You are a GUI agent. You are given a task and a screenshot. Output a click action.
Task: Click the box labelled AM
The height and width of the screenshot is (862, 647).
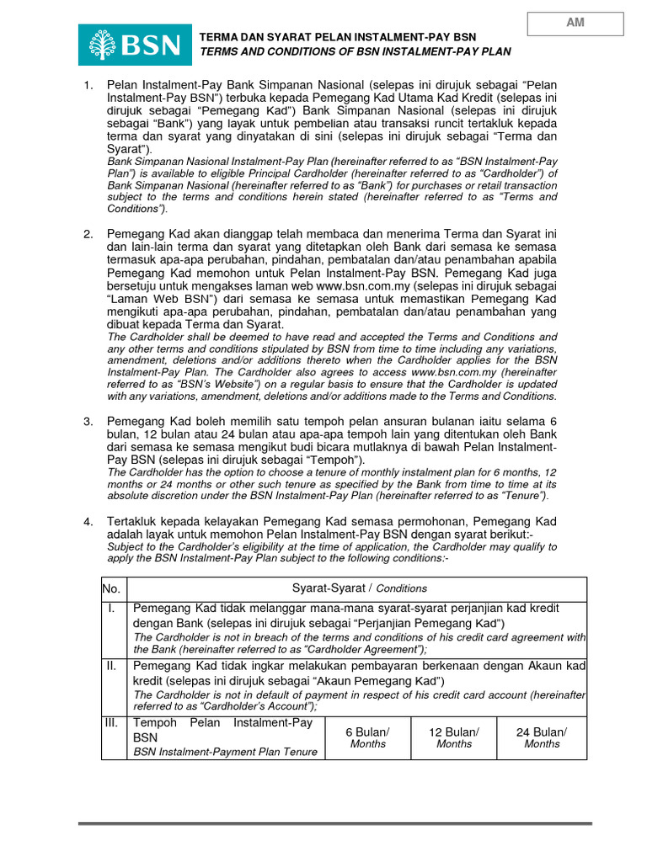575,24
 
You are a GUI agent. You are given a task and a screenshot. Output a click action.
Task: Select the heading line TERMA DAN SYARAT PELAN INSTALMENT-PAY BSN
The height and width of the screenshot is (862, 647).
337,38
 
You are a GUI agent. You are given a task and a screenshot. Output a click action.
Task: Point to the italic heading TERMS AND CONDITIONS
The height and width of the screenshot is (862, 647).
355,51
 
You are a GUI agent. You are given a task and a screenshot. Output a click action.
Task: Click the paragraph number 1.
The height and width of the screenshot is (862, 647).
87,86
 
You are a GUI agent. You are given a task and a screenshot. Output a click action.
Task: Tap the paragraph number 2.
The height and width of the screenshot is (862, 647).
87,233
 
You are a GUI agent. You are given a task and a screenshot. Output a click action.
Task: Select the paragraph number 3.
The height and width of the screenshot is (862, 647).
87,421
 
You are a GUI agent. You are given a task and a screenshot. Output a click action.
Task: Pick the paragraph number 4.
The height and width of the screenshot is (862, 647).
87,522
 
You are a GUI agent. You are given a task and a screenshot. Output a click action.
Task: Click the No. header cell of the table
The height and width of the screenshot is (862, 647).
113,588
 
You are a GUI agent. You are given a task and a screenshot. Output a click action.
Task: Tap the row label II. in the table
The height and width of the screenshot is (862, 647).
113,666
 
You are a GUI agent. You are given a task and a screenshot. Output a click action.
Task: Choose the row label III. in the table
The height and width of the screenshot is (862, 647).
113,723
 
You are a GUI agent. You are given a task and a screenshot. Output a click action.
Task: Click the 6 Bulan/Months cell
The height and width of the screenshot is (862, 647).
367,737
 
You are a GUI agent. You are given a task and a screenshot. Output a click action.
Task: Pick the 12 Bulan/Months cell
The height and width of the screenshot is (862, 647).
454,737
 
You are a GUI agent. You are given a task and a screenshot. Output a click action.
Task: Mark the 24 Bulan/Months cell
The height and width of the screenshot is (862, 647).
542,737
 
